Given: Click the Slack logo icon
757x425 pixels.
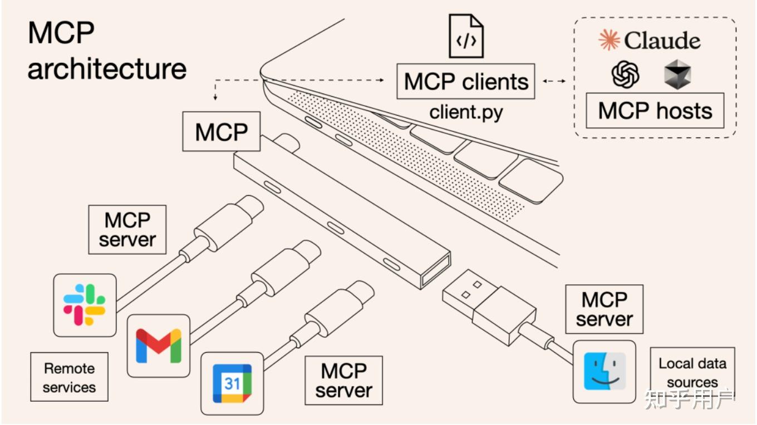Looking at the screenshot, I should [x=85, y=304].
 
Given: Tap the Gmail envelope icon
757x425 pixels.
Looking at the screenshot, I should [x=159, y=345].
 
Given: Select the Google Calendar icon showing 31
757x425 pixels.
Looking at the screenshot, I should [x=232, y=383].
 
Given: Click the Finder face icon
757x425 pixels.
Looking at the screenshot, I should [x=604, y=371].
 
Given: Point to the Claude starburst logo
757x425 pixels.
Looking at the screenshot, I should [x=609, y=40].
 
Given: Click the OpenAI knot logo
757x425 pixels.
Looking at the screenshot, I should [x=625, y=74].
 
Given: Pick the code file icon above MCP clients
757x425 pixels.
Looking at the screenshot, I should [x=466, y=37].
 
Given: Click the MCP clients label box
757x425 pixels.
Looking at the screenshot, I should [x=466, y=82].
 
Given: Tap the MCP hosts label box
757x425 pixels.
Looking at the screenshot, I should [x=655, y=111].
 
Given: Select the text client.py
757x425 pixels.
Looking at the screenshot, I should [x=466, y=112].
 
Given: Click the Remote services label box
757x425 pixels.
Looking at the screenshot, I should [x=70, y=377].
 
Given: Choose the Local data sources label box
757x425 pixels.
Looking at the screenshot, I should [x=692, y=373].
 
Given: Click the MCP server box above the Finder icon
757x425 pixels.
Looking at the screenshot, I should [x=604, y=309].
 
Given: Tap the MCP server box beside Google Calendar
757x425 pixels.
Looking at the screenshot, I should [x=343, y=380].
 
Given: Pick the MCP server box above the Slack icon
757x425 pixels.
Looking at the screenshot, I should [x=127, y=230].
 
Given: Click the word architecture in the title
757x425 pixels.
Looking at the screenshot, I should [x=107, y=69].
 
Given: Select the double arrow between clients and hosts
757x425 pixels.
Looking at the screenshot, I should [x=554, y=82].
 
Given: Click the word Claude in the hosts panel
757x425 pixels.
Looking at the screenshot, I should [x=662, y=41].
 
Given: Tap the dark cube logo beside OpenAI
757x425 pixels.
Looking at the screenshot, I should [x=677, y=75].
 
